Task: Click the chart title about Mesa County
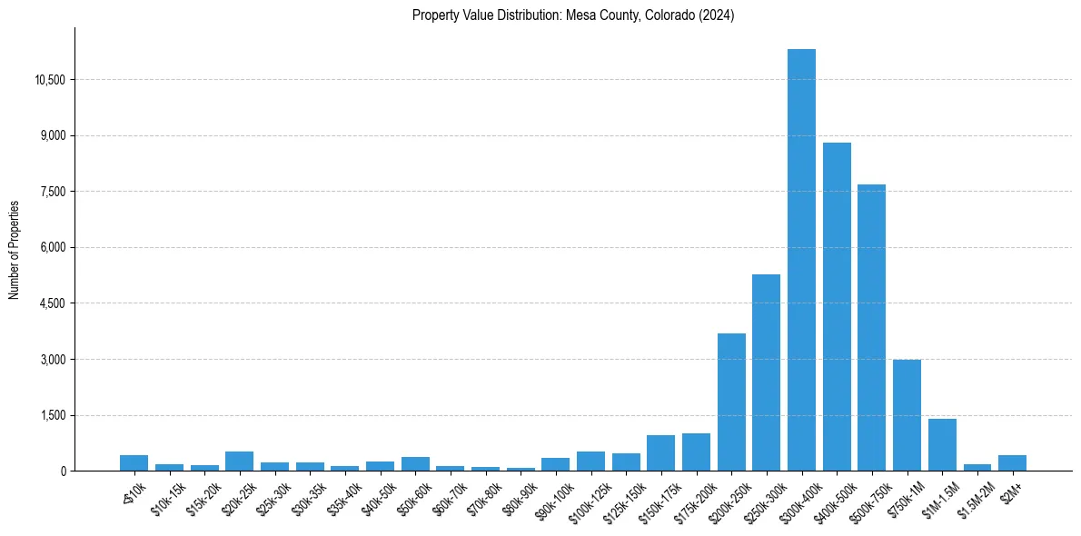573,15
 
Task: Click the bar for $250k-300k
766,372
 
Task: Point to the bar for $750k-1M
907,415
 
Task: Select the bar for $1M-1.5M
942,445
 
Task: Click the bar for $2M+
1012,463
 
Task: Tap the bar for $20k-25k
239,462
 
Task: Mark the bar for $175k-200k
696,452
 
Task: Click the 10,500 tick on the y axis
50,80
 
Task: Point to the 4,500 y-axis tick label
53,303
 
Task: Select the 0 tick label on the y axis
63,471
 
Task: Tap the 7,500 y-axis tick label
53,192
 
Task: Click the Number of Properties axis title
15,250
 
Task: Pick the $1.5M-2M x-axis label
975,498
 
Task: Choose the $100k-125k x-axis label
588,499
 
